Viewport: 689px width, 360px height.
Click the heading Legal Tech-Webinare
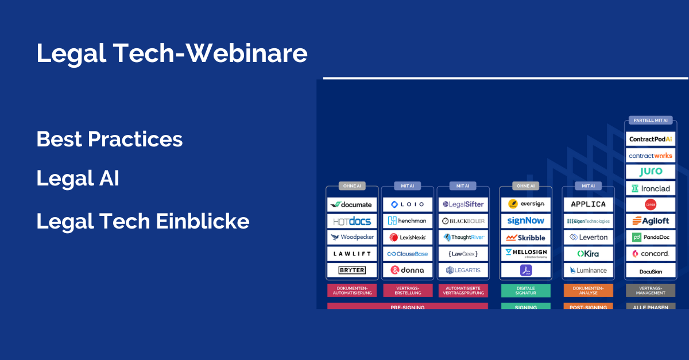172,53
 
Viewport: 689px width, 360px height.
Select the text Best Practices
110,139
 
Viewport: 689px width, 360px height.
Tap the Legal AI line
78,179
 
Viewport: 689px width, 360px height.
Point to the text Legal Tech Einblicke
143,221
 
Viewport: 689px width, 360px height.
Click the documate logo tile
352,204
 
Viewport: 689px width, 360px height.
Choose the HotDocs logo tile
352,221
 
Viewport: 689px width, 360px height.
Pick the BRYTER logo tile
352,270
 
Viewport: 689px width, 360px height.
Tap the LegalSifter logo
463,204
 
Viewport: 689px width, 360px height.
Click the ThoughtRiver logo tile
463,237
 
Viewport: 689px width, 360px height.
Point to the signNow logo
525,221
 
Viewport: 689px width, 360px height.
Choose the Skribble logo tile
525,237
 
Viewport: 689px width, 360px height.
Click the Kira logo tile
589,253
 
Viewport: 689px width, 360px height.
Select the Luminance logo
589,270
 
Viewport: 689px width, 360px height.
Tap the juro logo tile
651,172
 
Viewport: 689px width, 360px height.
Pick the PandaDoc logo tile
651,237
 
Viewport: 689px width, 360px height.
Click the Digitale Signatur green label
525,291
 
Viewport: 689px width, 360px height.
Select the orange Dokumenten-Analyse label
589,291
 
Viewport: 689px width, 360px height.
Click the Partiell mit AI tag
651,121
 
